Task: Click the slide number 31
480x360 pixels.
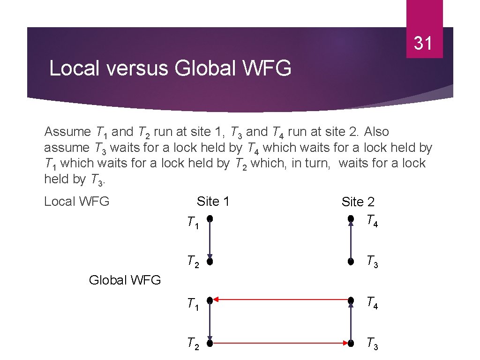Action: tap(423, 43)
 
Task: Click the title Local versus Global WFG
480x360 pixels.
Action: tap(170, 68)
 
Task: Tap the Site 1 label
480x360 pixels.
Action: tap(213, 202)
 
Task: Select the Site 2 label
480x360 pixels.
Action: tap(358, 202)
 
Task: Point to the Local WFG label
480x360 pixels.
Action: tap(76, 202)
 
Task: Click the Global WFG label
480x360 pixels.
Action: tap(125, 280)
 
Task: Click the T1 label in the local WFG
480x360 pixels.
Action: tap(193, 222)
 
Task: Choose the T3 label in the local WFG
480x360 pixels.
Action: tap(372, 261)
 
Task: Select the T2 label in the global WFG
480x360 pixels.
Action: tap(193, 344)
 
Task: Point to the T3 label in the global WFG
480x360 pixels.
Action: tap(372, 344)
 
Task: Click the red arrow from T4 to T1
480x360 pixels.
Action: tap(280, 299)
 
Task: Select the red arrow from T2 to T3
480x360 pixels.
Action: tap(280, 343)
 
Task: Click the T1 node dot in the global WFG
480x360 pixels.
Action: tap(210, 299)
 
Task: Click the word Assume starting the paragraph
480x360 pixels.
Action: tap(67, 132)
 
